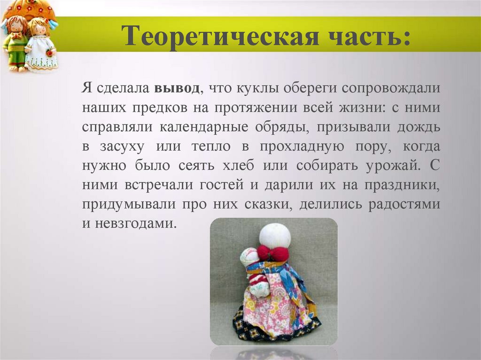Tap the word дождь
point(419,127)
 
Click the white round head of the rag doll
point(275,235)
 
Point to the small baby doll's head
point(249,257)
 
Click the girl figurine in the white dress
point(41,45)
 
